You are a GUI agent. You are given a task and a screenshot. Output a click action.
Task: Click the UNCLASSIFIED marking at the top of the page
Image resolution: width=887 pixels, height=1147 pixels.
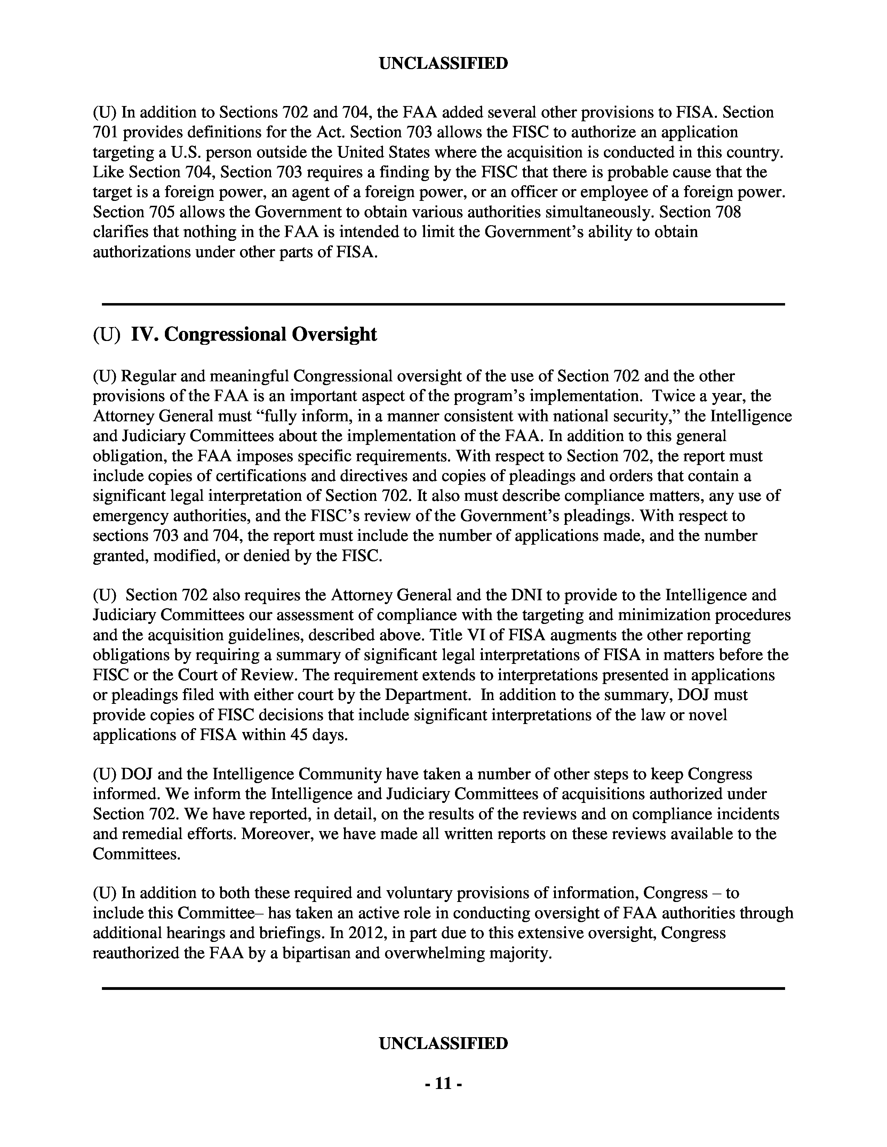click(x=443, y=64)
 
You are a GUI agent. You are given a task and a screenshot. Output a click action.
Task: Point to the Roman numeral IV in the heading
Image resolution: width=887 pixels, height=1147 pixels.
click(x=142, y=334)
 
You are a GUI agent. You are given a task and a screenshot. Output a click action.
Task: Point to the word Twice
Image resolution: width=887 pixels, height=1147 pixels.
click(x=673, y=396)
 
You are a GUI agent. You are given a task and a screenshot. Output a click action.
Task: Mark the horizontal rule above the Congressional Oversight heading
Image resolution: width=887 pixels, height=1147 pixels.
click(x=443, y=304)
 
